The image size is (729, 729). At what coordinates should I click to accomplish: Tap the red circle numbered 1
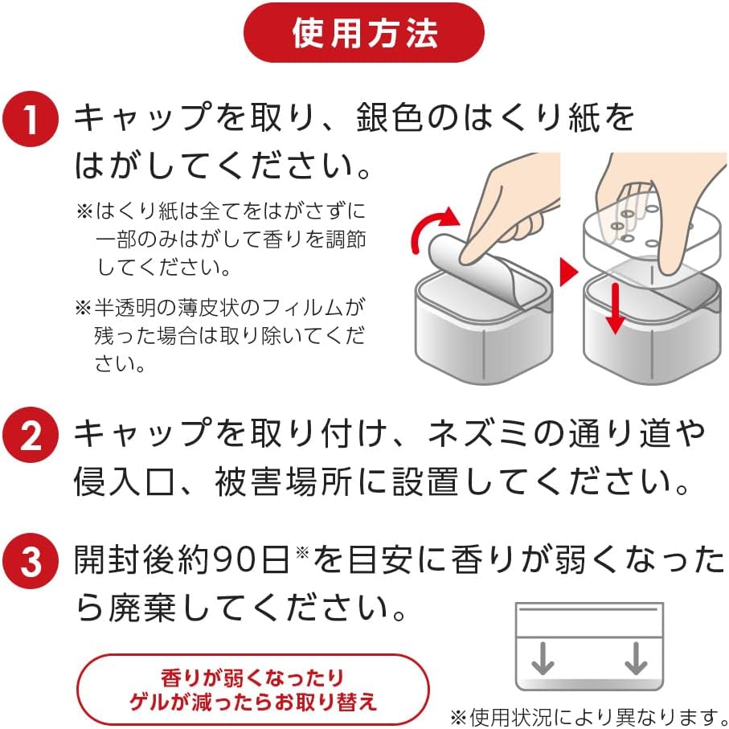[x=31, y=119]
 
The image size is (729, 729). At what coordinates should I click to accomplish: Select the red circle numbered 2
[x=31, y=435]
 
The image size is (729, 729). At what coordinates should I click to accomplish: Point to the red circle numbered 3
[x=31, y=561]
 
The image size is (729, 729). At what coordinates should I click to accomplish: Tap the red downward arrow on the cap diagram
[x=616, y=308]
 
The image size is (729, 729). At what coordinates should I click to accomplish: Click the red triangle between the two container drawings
[x=568, y=272]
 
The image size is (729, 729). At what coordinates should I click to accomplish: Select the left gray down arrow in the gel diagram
[x=543, y=658]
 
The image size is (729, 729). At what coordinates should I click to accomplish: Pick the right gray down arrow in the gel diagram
[x=637, y=658]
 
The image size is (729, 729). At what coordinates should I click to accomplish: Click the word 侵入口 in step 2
[x=125, y=482]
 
